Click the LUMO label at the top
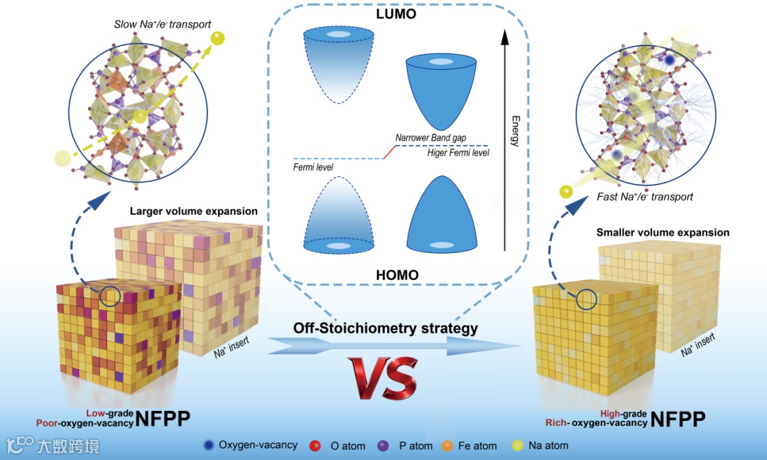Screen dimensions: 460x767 (397, 14)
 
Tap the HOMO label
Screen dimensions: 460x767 (397, 274)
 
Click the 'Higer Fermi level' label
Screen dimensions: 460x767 (458, 152)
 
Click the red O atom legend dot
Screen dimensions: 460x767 (315, 446)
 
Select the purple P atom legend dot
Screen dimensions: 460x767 (383, 446)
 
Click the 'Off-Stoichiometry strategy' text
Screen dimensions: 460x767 (385, 328)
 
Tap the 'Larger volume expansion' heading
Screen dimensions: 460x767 (194, 211)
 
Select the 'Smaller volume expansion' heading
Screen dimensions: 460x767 (663, 232)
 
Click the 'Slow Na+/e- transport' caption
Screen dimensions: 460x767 (163, 24)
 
